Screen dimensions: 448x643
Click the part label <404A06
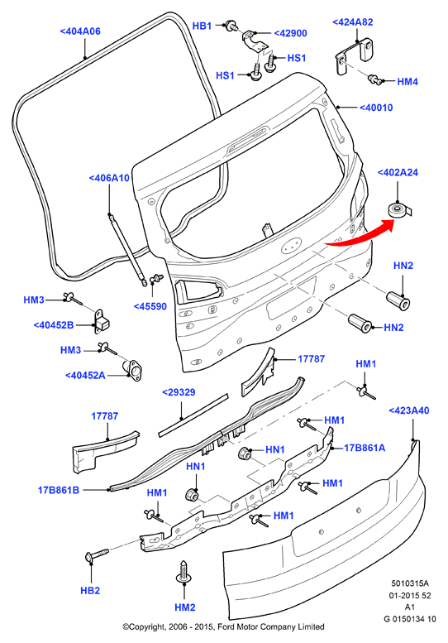[x=80, y=31]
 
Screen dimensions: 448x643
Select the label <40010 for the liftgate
[x=376, y=108]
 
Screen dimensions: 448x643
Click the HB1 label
[x=202, y=26]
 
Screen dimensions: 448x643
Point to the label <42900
[x=290, y=33]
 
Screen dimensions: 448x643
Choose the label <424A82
[x=353, y=22]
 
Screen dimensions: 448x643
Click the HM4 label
[x=407, y=82]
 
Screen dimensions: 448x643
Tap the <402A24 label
[x=398, y=172]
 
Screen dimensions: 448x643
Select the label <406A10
[x=109, y=178]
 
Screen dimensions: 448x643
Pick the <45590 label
[x=150, y=306]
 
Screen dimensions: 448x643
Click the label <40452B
[x=54, y=325]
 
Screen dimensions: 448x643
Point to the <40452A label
[x=85, y=375]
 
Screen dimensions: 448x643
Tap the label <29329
[x=179, y=392]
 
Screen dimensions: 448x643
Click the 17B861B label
[x=59, y=490]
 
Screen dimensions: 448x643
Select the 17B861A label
[x=365, y=448]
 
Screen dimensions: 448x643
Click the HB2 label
[x=90, y=591]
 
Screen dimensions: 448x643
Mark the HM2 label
[x=185, y=607]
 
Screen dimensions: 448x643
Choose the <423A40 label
[x=408, y=410]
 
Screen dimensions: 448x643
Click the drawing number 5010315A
[x=410, y=583]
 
